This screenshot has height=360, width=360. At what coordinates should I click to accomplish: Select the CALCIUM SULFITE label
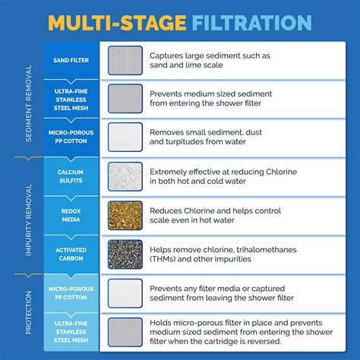click(70, 175)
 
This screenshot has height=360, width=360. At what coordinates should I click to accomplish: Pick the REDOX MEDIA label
click(70, 214)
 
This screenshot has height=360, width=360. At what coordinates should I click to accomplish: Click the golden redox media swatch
click(125, 215)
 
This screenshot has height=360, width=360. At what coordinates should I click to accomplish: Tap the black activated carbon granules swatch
click(125, 253)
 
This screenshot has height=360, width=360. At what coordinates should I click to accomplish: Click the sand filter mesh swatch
click(125, 60)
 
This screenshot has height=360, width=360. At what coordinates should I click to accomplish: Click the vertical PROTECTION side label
click(29, 311)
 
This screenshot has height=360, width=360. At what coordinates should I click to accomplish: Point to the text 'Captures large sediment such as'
click(210, 55)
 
